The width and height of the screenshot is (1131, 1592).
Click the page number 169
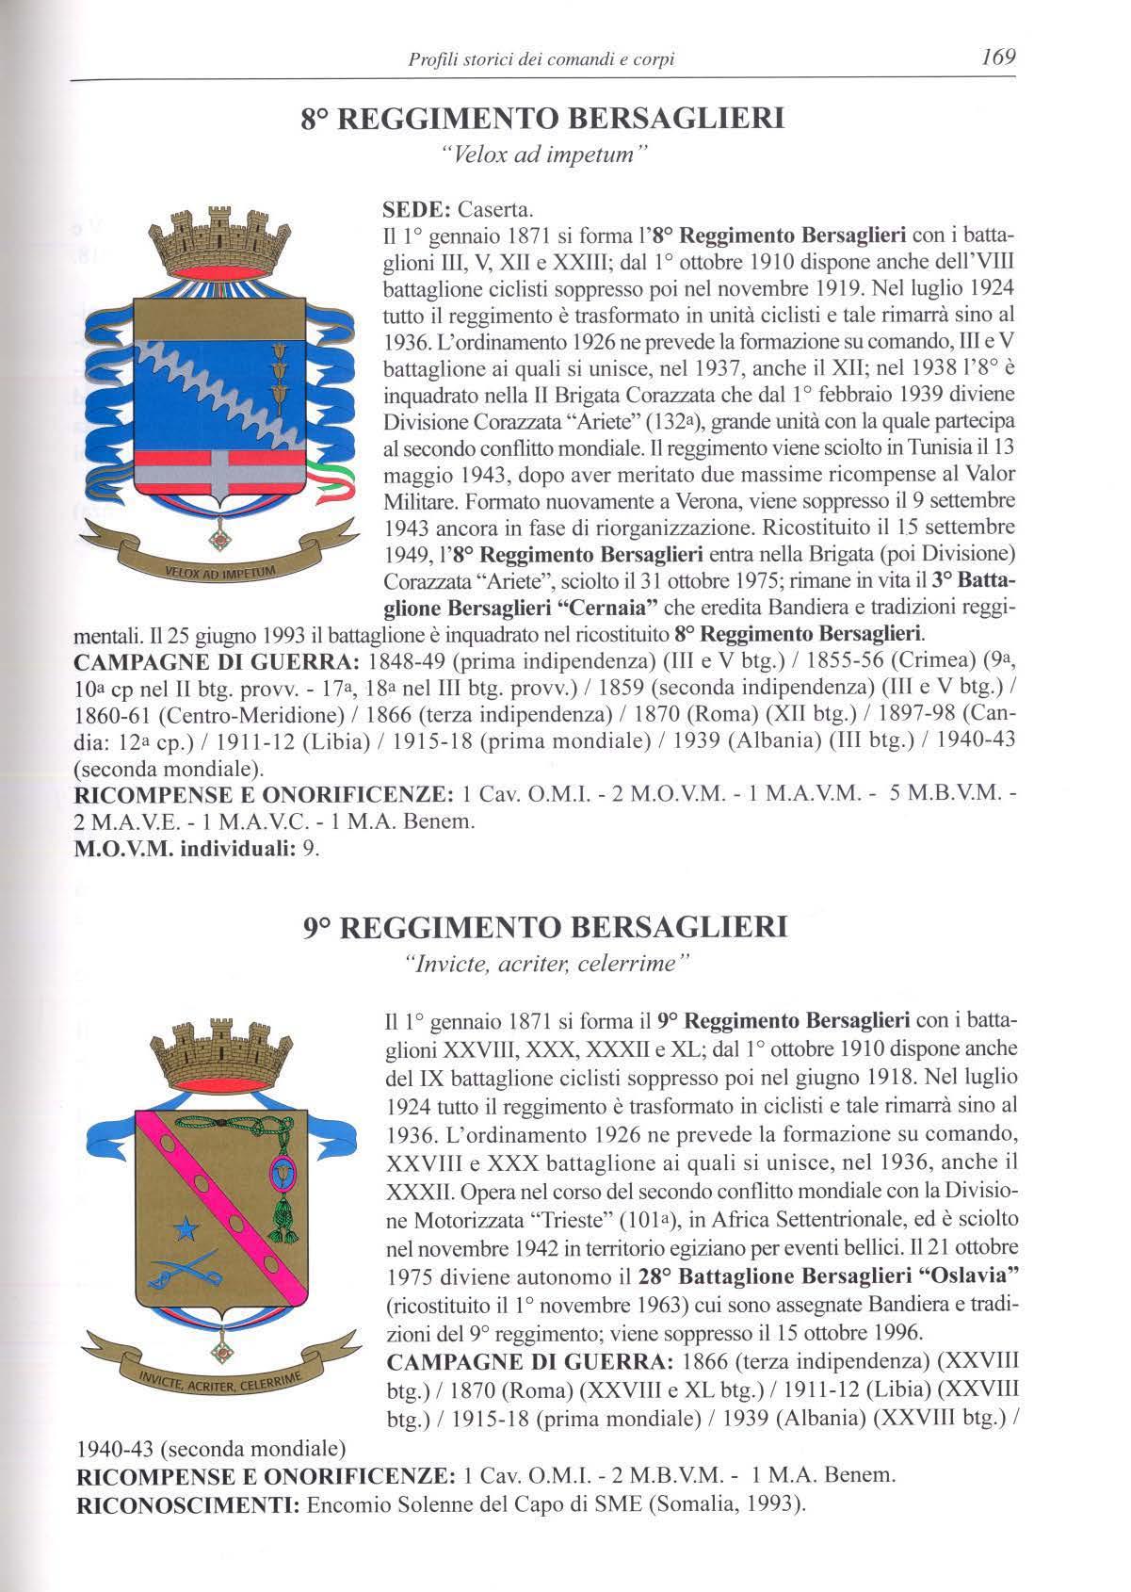click(x=997, y=57)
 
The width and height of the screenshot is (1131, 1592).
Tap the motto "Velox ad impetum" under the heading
click(x=543, y=154)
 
